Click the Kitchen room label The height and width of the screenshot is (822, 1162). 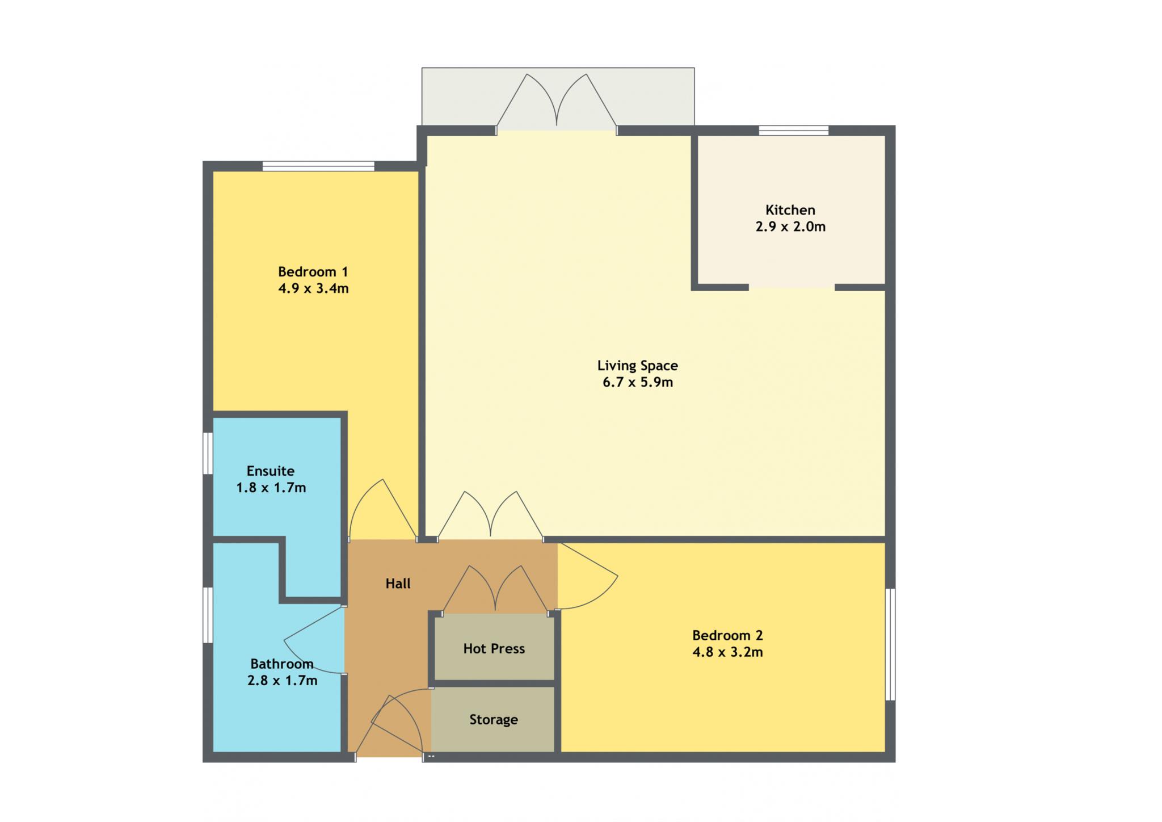click(x=790, y=210)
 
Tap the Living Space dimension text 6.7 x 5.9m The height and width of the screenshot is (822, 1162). click(x=638, y=383)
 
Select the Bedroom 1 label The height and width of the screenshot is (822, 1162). click(x=313, y=272)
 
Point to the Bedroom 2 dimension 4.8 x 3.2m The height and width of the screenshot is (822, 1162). click(x=727, y=652)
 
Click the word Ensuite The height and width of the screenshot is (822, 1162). click(x=271, y=471)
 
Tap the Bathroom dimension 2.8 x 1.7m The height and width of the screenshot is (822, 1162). click(x=282, y=681)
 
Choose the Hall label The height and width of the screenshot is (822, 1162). click(x=398, y=584)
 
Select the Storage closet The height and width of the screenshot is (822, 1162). click(x=493, y=720)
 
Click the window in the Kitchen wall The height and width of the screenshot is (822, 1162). click(x=794, y=131)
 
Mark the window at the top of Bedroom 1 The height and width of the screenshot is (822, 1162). click(x=318, y=166)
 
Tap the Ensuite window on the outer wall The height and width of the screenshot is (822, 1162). click(x=208, y=453)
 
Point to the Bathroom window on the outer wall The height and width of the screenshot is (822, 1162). click(x=208, y=615)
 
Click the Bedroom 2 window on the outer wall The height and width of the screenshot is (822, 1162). click(x=891, y=644)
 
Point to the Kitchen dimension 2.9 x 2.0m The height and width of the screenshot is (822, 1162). click(x=790, y=227)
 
